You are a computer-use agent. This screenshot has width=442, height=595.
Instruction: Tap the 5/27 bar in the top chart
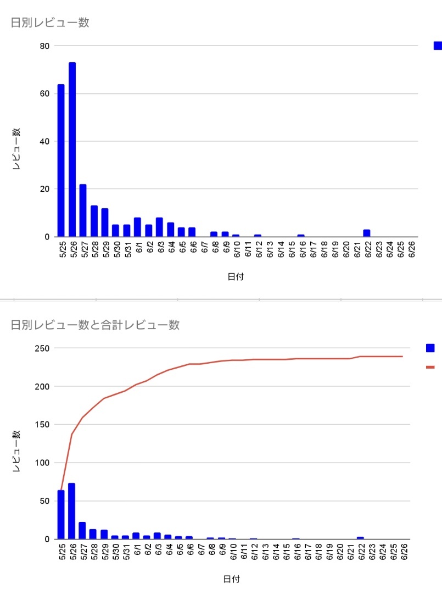[83, 210]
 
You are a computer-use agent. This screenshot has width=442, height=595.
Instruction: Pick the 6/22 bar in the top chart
[367, 233]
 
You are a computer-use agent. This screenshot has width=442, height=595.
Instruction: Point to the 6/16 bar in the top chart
[301, 236]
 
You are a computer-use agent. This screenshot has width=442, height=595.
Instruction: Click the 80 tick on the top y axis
[45, 46]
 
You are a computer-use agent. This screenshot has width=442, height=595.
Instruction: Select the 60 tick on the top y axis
[45, 93]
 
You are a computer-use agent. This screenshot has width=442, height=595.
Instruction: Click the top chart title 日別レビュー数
[50, 23]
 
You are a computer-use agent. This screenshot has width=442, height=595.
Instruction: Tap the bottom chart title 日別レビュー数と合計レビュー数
[96, 325]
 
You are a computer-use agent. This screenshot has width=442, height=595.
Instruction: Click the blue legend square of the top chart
[438, 46]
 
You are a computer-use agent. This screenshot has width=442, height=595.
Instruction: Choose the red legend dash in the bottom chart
[430, 367]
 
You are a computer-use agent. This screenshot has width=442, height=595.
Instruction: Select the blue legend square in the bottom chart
[430, 348]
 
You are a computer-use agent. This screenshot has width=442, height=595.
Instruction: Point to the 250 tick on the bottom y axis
[42, 348]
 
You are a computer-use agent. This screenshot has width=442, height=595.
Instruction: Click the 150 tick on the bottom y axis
[42, 425]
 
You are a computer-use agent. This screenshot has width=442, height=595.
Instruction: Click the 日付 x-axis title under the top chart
[236, 277]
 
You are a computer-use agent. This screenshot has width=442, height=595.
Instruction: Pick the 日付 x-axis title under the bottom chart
[231, 579]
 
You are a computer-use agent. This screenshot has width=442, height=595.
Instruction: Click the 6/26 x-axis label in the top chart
[412, 249]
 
